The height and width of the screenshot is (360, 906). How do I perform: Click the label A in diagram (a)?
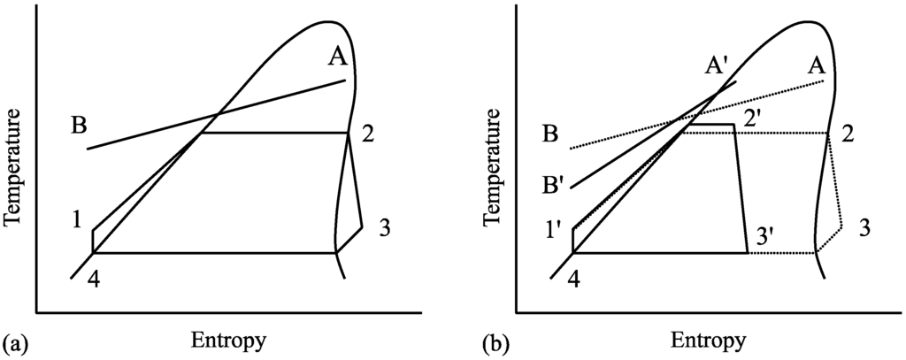pyautogui.click(x=337, y=57)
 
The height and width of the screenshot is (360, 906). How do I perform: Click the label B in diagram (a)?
pyautogui.click(x=80, y=127)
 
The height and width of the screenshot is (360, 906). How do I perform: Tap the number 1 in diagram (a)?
pyautogui.click(x=79, y=218)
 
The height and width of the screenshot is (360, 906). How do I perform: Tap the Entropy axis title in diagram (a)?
pyautogui.click(x=227, y=340)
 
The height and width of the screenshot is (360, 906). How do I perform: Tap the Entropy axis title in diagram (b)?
pyautogui.click(x=709, y=341)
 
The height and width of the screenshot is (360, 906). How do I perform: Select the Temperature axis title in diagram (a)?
pyautogui.click(x=13, y=178)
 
